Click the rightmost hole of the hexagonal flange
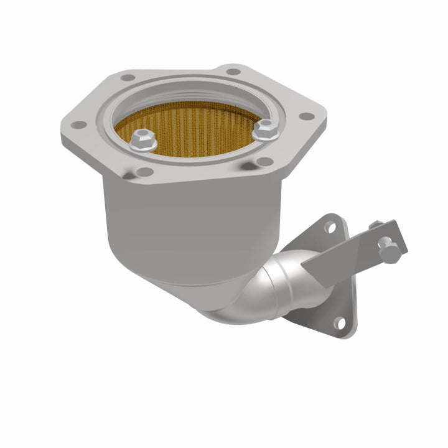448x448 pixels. coord(306,116)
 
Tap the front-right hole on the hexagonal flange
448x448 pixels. coord(264,162)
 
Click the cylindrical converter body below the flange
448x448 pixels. coord(187,218)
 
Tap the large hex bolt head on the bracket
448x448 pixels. coord(390,251)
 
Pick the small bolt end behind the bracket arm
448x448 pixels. coord(375,225)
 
